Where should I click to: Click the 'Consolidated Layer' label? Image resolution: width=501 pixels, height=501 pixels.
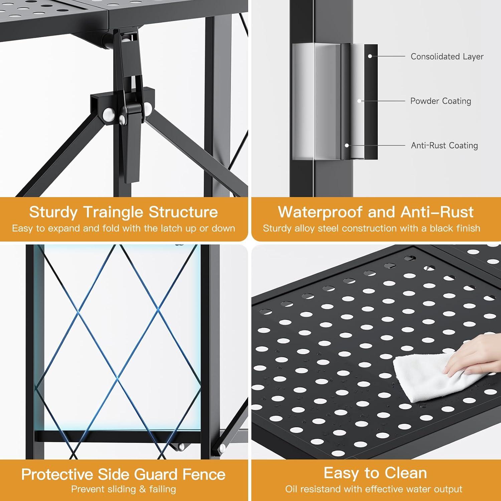coord(447,56)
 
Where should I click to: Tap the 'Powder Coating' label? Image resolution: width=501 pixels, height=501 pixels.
coord(441,101)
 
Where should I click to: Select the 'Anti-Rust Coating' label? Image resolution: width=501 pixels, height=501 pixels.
coord(444,145)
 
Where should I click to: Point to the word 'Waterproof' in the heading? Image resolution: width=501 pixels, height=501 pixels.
coord(320,212)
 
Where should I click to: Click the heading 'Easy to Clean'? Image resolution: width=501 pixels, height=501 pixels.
coord(375,473)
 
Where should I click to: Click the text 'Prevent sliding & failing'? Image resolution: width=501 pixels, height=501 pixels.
coord(124,489)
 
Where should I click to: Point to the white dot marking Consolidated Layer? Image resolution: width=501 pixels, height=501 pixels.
coord(370,56)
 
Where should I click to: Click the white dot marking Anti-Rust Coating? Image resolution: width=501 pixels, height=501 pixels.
coord(347,145)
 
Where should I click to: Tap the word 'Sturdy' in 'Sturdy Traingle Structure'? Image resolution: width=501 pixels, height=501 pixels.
coord(53,212)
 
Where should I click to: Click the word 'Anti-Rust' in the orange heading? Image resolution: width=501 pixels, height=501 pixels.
coord(437,212)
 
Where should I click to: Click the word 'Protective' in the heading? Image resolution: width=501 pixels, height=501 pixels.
coord(57,475)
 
